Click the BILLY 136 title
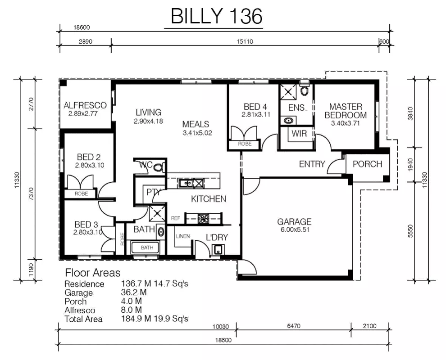[216, 17]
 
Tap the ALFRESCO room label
[85, 106]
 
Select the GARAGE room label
[294, 221]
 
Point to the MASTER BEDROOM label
[346, 111]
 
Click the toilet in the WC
[157, 167]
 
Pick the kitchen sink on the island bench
[185, 183]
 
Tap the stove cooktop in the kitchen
[203, 219]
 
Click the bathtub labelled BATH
[147, 248]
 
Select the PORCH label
[367, 164]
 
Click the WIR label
[299, 134]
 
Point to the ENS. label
[297, 108]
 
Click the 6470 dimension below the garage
[293, 326]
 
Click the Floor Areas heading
[93, 273]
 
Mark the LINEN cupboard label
[182, 236]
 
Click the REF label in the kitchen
[175, 218]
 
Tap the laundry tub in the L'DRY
[218, 250]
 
